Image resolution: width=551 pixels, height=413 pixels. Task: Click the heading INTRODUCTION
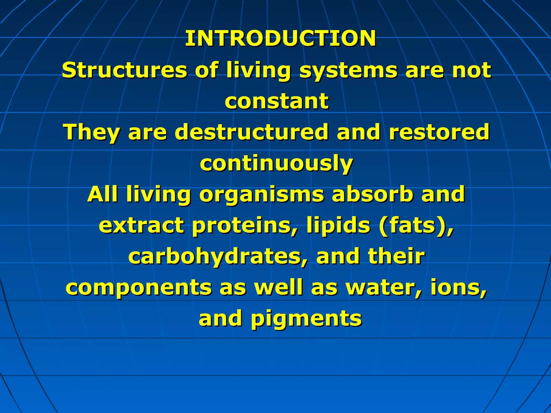point(280,38)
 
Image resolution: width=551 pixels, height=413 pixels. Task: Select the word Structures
point(124,70)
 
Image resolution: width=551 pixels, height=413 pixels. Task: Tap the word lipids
point(338,226)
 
